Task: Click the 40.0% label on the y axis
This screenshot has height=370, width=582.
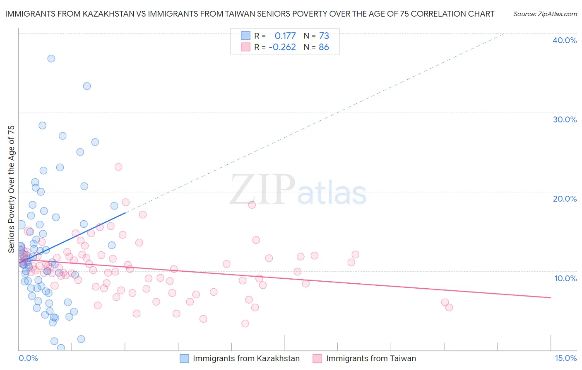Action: point(564,40)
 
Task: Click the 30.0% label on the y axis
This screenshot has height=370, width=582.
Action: point(564,119)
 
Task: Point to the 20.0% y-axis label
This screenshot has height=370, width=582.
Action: point(564,199)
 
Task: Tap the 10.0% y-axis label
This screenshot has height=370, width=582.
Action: point(565,278)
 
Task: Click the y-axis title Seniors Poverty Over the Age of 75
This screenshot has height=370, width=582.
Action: point(11,189)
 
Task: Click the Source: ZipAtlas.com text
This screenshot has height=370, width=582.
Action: point(545,14)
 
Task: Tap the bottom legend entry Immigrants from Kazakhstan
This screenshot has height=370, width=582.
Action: point(246,358)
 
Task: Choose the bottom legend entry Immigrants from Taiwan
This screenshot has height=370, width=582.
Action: point(370,358)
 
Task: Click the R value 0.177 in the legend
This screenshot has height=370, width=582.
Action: point(285,36)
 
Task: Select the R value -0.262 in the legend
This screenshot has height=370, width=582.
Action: point(282,47)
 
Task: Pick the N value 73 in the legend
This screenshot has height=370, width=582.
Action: point(324,36)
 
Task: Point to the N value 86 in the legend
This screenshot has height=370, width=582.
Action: point(324,47)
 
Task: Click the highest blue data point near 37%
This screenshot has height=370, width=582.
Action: point(51,58)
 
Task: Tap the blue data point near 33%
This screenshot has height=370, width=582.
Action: point(87,86)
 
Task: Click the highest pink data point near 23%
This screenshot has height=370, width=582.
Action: point(118,167)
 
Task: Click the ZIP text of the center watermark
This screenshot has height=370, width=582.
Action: point(262,190)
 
